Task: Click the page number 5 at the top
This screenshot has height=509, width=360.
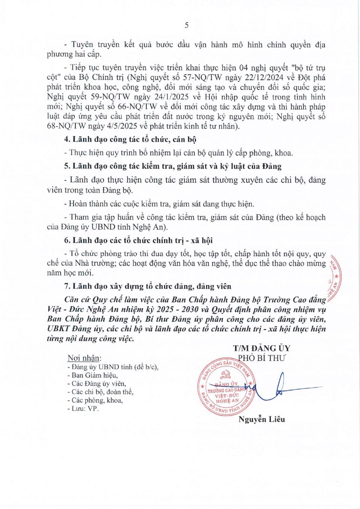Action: point(187,25)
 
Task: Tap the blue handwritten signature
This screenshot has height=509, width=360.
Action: point(280,387)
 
